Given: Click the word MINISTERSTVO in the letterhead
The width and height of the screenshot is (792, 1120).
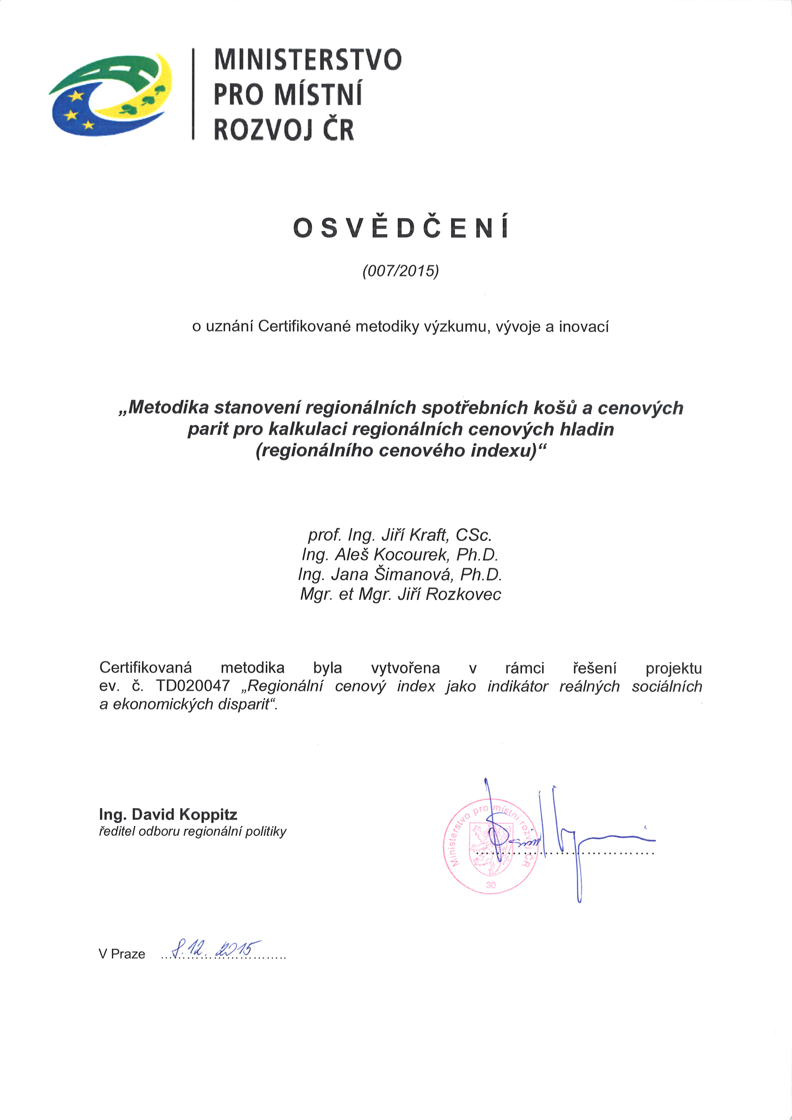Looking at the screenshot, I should [308, 59].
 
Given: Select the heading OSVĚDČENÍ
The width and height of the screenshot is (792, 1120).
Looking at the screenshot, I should [401, 227].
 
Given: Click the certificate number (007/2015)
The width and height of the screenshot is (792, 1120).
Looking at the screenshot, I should [400, 271].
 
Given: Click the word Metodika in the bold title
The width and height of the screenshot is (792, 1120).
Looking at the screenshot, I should [169, 407].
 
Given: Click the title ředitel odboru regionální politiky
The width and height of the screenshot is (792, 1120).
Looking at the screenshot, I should [193, 832].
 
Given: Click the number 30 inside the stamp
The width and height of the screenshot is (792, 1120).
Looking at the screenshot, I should [491, 885].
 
